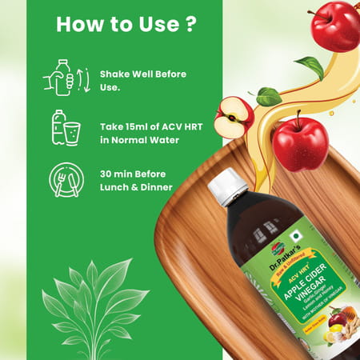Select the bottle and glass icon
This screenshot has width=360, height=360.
click(62, 128)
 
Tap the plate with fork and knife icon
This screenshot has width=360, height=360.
click(62, 180)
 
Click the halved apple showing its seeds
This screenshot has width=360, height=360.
click(234, 117)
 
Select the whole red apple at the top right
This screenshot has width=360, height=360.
click(335, 26)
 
